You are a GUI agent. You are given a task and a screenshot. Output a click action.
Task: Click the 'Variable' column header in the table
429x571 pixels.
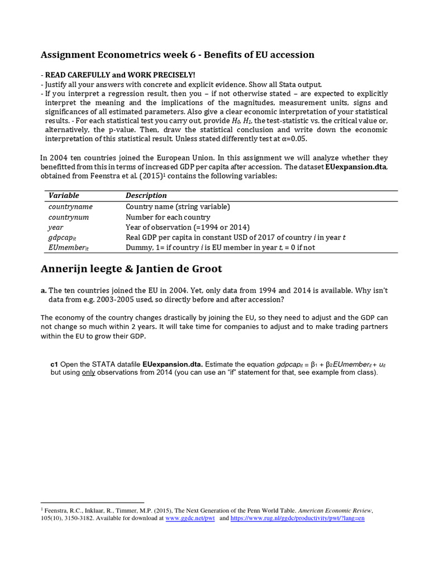pyautogui.click(x=64, y=196)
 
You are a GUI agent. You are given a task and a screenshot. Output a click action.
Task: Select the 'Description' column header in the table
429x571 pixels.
pyautogui.click(x=146, y=196)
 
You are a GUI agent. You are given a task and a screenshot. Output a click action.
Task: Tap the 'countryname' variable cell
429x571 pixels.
pyautogui.click(x=70, y=207)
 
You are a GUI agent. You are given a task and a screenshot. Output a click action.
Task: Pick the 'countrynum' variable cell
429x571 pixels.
pyautogui.click(x=69, y=217)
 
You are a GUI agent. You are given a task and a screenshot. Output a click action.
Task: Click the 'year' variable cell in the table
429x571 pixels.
pyautogui.click(x=56, y=228)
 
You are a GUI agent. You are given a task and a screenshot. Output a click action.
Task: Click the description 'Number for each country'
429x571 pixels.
pyautogui.click(x=168, y=217)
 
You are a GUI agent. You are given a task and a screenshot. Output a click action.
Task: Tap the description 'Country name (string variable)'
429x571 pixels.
pyautogui.click(x=178, y=207)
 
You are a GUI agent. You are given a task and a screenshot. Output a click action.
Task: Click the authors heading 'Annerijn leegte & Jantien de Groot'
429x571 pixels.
pyautogui.click(x=131, y=269)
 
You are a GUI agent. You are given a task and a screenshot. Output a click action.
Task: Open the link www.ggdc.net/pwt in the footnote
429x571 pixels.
pyautogui.click(x=190, y=518)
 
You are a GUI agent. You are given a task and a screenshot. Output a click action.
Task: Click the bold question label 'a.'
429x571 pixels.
pyautogui.click(x=44, y=291)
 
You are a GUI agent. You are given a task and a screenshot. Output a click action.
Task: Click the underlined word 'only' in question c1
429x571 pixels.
pyautogui.click(x=88, y=372)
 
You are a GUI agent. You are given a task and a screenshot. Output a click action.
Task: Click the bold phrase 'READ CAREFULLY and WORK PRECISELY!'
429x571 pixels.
pyautogui.click(x=121, y=75)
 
